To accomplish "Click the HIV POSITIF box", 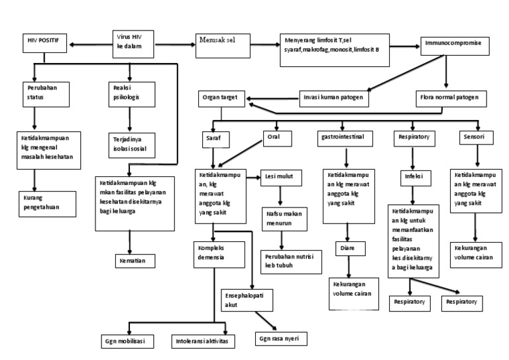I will [44, 40].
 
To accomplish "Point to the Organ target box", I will [220, 97].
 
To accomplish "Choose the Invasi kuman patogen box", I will [333, 97].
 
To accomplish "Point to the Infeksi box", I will [414, 178].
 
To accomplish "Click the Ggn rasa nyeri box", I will [277, 337].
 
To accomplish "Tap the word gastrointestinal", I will [345, 138].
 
